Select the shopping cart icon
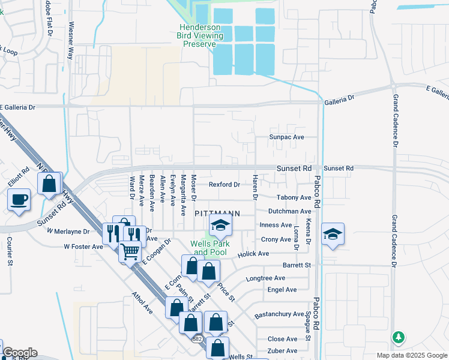coord(129,251)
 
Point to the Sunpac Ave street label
coord(287,137)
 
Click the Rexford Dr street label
coord(224,184)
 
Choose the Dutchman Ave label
coord(290,211)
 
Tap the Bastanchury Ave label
coord(280,314)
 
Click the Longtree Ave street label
coord(266,278)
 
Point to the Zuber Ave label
coord(283,350)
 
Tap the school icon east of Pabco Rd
coord(332,234)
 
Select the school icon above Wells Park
coord(220,226)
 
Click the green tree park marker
coord(398,338)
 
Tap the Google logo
coord(20,353)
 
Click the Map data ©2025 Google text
coord(411,355)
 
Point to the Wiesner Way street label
coord(71,41)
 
